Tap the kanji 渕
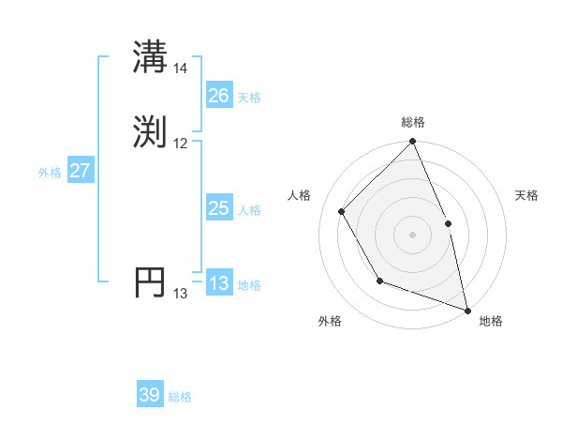click(150, 130)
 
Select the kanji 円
click(150, 281)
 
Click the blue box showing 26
click(218, 96)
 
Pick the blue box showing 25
click(218, 208)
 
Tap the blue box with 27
click(80, 172)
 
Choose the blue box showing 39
click(149, 395)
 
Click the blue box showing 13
click(218, 284)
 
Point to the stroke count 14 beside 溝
click(180, 68)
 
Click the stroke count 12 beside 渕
click(180, 144)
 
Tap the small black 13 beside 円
click(180, 294)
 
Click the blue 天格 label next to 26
click(249, 98)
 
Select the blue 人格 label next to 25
click(249, 210)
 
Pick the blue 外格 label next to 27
click(50, 173)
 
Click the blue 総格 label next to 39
click(180, 397)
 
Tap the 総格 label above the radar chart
click(412, 122)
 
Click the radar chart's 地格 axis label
click(491, 321)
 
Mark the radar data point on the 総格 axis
click(412, 142)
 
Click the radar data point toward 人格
click(342, 211)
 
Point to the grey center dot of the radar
click(412, 234)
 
